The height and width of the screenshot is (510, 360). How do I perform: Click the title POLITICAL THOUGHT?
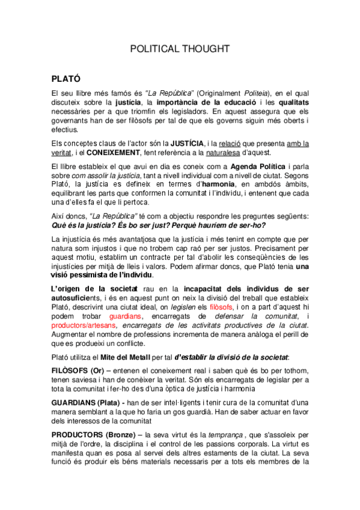(180, 49)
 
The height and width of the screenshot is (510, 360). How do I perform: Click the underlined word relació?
(229, 143)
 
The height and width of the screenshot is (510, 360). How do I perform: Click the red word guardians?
(126, 316)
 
